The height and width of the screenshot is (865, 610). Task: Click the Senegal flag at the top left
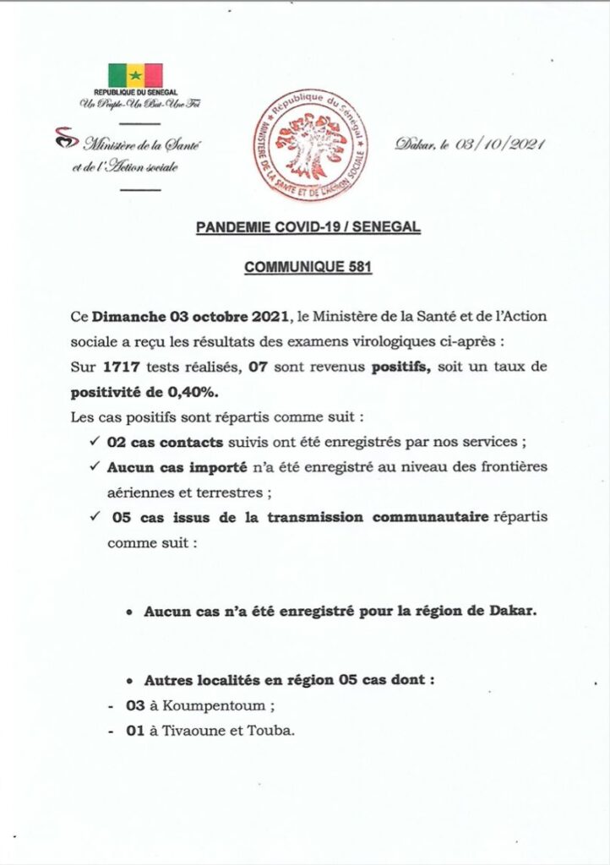(x=135, y=75)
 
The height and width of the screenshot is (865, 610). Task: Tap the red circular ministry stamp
(x=313, y=144)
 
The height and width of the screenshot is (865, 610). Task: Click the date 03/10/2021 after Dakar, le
(x=499, y=144)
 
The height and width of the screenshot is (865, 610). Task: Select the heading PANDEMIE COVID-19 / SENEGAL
(x=308, y=227)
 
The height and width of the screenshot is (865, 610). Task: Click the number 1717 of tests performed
(x=121, y=365)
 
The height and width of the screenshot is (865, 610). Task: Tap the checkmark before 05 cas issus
(x=93, y=517)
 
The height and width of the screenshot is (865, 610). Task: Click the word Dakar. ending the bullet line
(x=513, y=611)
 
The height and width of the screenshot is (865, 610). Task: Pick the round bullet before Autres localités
(x=128, y=680)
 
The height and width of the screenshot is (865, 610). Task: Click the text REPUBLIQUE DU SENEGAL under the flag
(x=135, y=92)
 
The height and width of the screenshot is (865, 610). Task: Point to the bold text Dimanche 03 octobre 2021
(x=189, y=316)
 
